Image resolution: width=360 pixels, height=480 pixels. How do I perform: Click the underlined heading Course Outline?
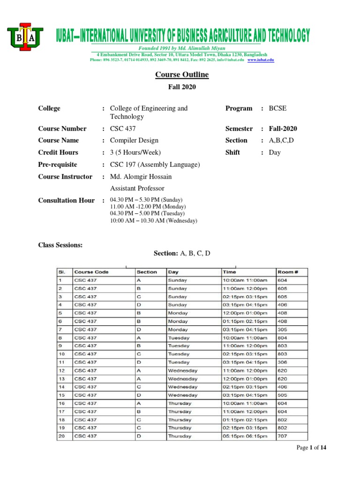pyautogui.click(x=182, y=75)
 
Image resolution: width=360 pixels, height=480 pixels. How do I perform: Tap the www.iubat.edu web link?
pyautogui.click(x=261, y=60)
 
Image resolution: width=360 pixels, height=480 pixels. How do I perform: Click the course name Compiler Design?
pyautogui.click(x=134, y=141)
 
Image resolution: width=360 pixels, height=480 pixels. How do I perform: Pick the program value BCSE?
pyautogui.click(x=277, y=108)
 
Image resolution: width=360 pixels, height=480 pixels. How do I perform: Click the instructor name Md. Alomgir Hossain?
pyautogui.click(x=141, y=177)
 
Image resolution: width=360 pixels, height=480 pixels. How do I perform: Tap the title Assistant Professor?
pyautogui.click(x=137, y=188)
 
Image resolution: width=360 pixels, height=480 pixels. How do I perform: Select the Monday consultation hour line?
pyautogui.click(x=148, y=207)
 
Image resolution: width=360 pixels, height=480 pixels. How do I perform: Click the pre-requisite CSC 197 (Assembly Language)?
pyautogui.click(x=155, y=165)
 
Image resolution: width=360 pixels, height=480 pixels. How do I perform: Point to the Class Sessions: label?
pyautogui.click(x=60, y=245)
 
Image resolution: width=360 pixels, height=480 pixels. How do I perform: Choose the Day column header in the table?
pyautogui.click(x=173, y=272)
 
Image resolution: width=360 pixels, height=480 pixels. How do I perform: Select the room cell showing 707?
pyautogui.click(x=283, y=436)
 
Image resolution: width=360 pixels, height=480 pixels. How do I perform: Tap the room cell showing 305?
pyautogui.click(x=283, y=330)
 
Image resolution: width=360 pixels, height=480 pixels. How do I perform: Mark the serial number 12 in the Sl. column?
pyautogui.click(x=61, y=370)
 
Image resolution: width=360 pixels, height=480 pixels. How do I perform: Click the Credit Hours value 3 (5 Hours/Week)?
pyautogui.click(x=135, y=152)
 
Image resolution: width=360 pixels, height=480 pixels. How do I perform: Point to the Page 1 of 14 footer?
pyautogui.click(x=311, y=448)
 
